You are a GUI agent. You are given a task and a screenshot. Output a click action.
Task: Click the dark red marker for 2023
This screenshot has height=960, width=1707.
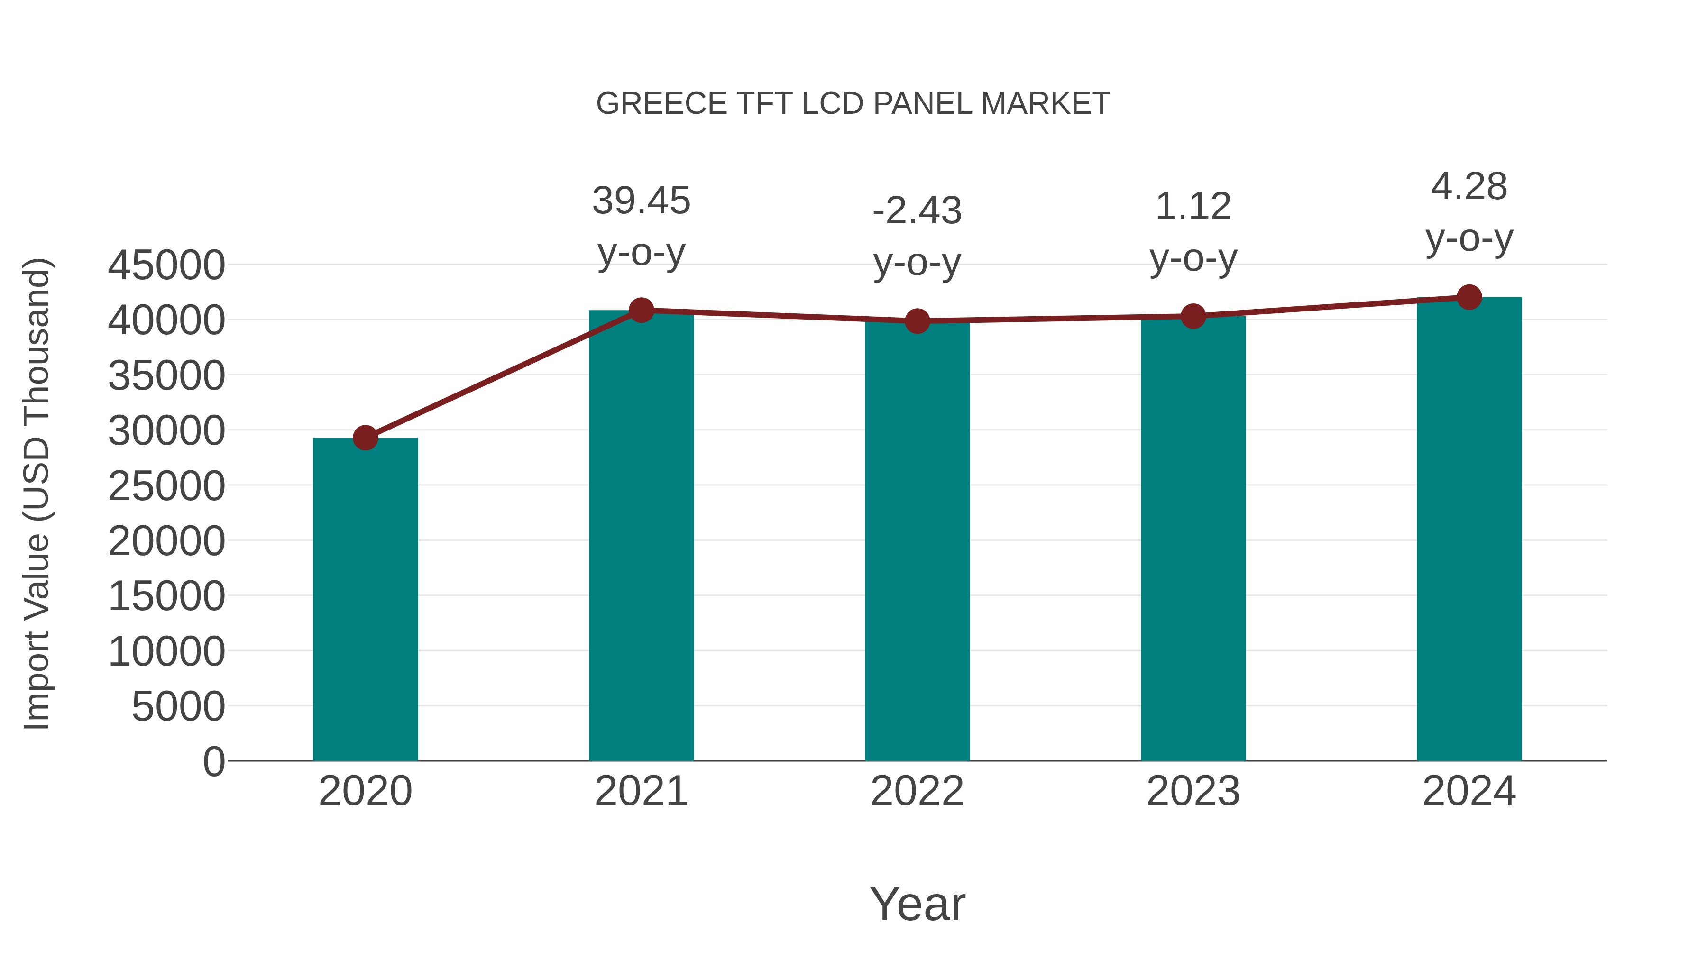[1193, 317]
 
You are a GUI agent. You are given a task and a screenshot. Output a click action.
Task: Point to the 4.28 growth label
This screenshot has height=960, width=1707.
[1469, 186]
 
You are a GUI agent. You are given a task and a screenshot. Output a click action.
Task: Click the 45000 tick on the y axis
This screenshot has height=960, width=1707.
[166, 265]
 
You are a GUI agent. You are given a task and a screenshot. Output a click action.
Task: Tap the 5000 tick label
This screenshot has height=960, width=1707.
[178, 706]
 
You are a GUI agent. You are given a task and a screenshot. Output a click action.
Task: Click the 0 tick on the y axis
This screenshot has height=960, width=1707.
[214, 761]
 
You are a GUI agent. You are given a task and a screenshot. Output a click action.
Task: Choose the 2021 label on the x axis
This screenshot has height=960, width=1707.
[641, 791]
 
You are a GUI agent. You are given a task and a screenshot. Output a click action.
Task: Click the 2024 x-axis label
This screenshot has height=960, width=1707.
[1469, 791]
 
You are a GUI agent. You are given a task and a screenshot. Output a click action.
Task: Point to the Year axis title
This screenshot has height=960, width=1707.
[917, 904]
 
